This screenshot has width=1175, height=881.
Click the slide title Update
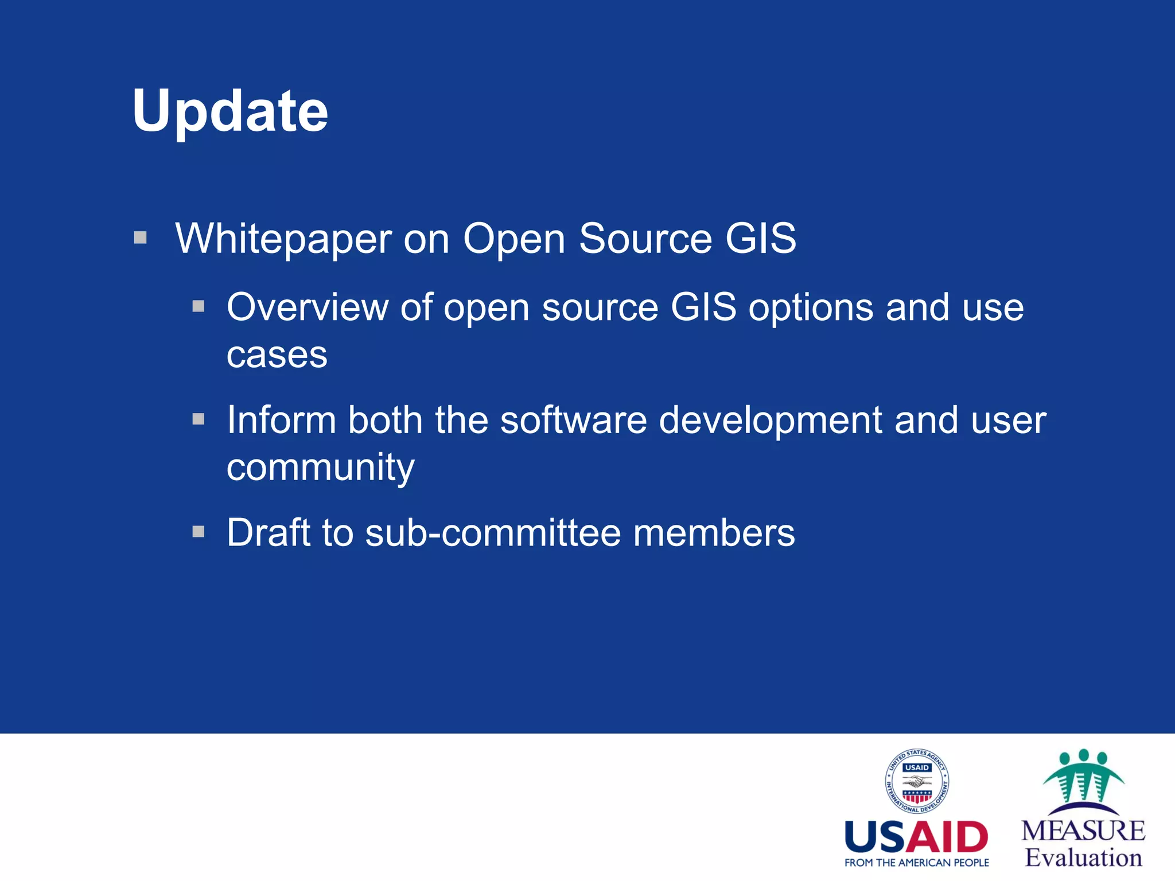tap(229, 112)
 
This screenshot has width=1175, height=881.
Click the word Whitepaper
tap(283, 239)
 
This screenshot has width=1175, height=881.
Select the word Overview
tap(308, 307)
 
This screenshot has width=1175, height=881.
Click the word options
tap(811, 309)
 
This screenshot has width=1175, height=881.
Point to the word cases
tap(277, 355)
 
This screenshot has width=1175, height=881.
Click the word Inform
tap(281, 420)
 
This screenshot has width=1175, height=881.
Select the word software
tap(573, 420)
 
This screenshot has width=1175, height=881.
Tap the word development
tap(770, 421)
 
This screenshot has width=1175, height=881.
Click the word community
tap(320, 468)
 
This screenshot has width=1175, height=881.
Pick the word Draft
tap(269, 532)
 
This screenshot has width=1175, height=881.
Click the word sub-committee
tap(493, 532)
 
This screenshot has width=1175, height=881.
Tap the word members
tap(714, 532)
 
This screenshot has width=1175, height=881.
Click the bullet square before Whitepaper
tap(141, 237)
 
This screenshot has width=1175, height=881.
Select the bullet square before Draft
tap(199, 532)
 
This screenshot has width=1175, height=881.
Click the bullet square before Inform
tap(199, 419)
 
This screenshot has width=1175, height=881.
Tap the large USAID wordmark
tap(916, 838)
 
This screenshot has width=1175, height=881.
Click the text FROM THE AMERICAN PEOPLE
tap(916, 863)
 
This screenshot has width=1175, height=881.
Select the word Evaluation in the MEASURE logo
tap(1083, 858)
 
